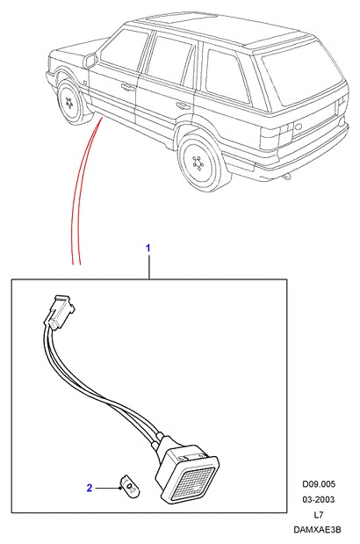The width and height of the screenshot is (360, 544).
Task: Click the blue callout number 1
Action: coord(148,249)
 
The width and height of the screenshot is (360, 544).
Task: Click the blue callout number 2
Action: coord(90,488)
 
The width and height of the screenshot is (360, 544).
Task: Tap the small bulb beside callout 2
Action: coord(128,484)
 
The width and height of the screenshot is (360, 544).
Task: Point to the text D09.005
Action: coord(319,484)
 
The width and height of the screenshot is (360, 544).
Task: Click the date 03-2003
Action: coord(319,499)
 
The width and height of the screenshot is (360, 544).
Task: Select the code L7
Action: coord(319,515)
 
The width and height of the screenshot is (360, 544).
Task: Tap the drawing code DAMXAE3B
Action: coord(317,530)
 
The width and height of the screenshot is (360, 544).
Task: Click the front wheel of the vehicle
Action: coord(71,102)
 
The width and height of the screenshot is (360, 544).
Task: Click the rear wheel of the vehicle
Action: coord(200,161)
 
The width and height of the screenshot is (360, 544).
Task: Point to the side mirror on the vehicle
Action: coord(90,62)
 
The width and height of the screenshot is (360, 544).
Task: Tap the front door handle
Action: coord(128,87)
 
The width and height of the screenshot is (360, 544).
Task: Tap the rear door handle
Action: coord(183,105)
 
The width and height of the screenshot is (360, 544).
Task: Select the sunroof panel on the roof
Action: coord(181,18)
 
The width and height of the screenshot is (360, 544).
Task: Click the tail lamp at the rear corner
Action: coord(287,133)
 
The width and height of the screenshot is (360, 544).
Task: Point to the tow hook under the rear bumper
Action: coord(286,177)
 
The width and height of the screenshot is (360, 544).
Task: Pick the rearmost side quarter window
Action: coord(227,76)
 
